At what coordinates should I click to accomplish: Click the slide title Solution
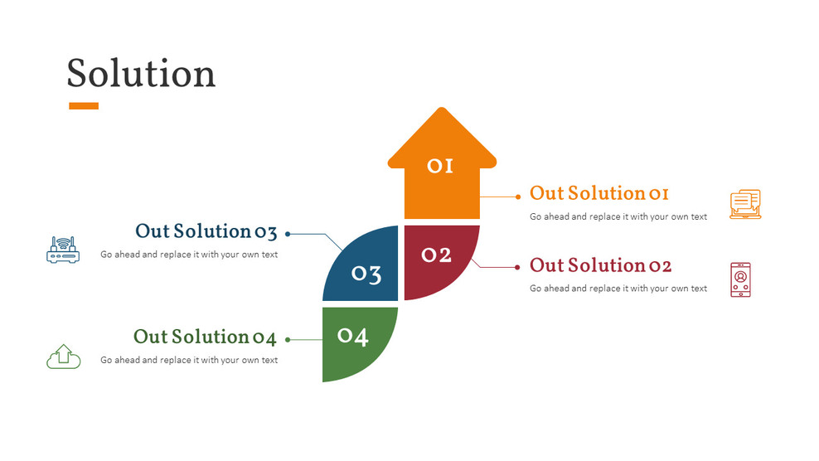pyautogui.click(x=141, y=74)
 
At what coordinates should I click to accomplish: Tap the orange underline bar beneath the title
pyautogui.click(x=83, y=106)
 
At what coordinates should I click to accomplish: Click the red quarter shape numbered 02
pyautogui.click(x=437, y=257)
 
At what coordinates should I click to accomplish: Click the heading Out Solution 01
pyautogui.click(x=598, y=194)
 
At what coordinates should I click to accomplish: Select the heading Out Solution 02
pyautogui.click(x=600, y=266)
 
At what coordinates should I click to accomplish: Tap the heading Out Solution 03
pyautogui.click(x=206, y=232)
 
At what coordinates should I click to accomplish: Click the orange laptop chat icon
pyautogui.click(x=744, y=204)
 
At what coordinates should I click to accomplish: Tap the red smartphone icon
pyautogui.click(x=740, y=279)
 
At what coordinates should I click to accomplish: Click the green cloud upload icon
pyautogui.click(x=63, y=357)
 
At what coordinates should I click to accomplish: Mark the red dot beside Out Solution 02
pyautogui.click(x=519, y=268)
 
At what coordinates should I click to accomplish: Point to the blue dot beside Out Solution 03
pyautogui.click(x=288, y=234)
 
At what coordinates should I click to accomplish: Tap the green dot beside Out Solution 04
pyautogui.click(x=288, y=339)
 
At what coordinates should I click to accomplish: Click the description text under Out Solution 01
pyautogui.click(x=618, y=217)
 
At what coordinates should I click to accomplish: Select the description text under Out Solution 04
pyautogui.click(x=189, y=361)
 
